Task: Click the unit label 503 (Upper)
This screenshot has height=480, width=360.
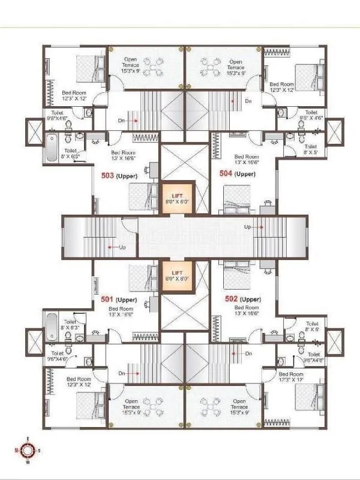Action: click(119, 176)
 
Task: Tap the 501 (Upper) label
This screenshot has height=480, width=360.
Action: click(119, 299)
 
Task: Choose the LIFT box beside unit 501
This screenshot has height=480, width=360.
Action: click(178, 276)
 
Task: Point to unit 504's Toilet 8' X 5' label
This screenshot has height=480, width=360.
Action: click(310, 149)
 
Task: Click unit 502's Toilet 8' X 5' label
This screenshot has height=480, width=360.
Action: click(310, 327)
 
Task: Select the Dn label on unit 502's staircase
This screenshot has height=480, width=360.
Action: click(248, 354)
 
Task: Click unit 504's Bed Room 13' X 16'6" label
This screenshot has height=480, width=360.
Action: click(247, 158)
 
